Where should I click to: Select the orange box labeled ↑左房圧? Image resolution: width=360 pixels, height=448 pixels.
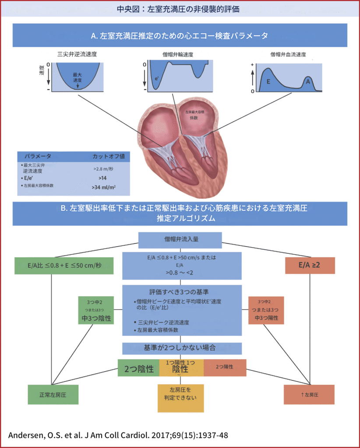point(309,395)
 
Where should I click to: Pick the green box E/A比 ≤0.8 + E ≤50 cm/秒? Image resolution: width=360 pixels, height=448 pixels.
point(64,265)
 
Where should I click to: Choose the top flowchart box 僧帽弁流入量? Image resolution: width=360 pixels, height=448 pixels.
point(180,239)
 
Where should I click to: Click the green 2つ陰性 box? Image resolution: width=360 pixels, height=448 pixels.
point(138,368)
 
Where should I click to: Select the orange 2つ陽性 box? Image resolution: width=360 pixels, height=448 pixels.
point(225,367)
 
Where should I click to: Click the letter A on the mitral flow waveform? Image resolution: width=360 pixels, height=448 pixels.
point(308,81)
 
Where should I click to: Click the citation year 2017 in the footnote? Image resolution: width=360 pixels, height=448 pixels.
point(146,436)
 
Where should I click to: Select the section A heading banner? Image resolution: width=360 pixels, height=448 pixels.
point(180,35)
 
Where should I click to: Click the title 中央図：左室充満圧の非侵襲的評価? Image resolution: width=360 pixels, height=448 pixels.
point(180,8)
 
